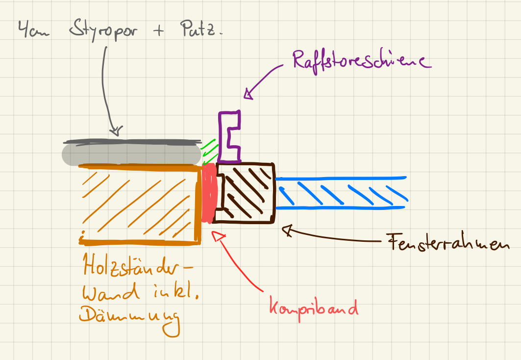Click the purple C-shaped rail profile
[x=229, y=137]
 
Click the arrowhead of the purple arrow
[x=248, y=94]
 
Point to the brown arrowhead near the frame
[x=287, y=229]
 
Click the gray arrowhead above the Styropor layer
[x=116, y=131]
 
